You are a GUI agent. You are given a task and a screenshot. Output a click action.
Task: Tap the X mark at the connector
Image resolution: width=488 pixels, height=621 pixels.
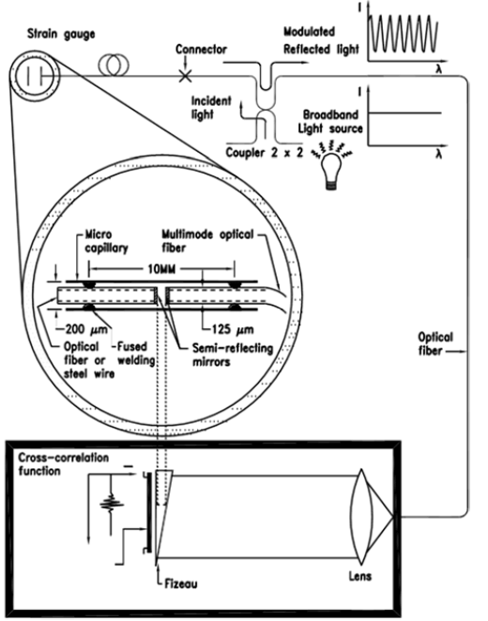coord(185,75)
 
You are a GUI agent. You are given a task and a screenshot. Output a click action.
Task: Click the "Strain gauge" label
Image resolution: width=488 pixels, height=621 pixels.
coord(61,34)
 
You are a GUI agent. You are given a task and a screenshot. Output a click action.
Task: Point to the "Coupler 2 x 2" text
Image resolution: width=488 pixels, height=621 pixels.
coord(265,153)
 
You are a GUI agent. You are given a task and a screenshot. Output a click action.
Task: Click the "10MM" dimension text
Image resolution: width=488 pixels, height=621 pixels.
coord(161,269)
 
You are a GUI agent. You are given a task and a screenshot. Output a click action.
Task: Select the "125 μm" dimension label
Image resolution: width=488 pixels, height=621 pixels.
coord(233,329)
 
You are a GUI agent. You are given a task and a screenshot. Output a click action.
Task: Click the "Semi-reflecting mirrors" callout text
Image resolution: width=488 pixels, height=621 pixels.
coord(233,355)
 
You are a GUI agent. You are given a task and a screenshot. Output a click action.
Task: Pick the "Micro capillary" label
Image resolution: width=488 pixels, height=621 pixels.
coord(107,241)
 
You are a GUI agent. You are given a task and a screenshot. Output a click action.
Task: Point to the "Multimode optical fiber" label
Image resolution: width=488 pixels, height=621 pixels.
coord(207,241)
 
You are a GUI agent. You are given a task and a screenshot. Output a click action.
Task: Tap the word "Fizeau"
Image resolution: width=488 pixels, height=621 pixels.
coord(180,583)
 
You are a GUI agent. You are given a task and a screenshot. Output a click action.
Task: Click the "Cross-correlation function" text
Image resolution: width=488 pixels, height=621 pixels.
coord(64,464)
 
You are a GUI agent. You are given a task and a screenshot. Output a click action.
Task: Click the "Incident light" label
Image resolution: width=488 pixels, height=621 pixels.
coord(211,107)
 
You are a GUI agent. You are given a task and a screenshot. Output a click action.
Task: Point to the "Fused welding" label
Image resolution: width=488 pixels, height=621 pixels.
coord(136,354)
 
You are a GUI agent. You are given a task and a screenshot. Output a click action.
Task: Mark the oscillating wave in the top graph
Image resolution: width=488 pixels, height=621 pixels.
coord(403,33)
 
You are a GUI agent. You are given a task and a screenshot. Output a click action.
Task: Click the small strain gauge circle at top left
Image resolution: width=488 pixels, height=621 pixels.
coord(34,75)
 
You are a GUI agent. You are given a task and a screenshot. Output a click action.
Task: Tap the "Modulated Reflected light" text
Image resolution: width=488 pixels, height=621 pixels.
coord(321,40)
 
